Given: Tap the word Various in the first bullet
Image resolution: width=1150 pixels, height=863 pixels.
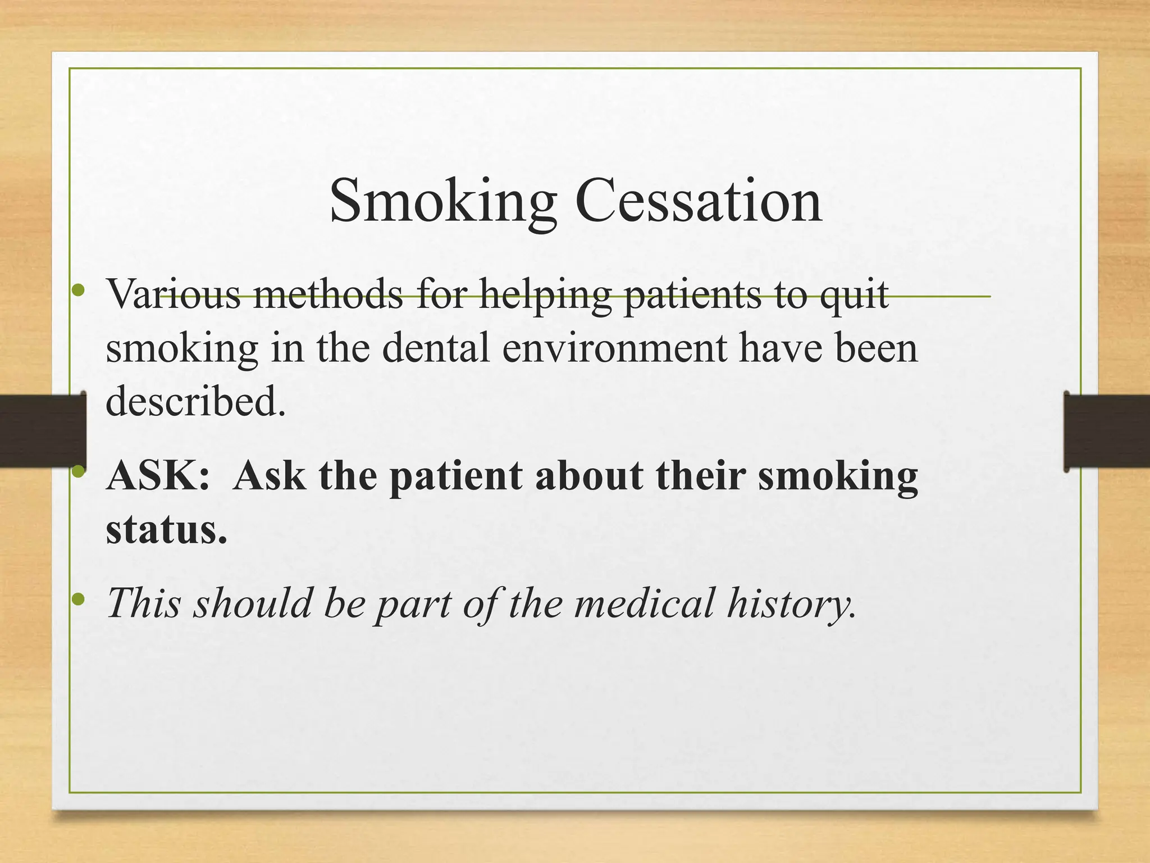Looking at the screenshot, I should (x=174, y=294).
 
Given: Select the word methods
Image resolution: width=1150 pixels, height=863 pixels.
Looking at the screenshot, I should (x=328, y=294).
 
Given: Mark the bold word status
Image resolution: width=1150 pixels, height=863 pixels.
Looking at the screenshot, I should (x=167, y=529).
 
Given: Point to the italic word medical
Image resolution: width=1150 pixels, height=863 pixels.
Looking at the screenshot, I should (x=644, y=602).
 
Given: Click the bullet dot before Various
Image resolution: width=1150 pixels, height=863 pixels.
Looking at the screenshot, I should (x=79, y=290).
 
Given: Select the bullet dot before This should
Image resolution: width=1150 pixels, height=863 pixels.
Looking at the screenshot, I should (x=79, y=599).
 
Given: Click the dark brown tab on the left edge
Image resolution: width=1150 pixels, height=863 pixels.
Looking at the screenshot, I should (x=42, y=430).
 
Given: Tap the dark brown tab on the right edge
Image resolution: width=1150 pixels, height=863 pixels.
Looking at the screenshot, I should (x=1107, y=431).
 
